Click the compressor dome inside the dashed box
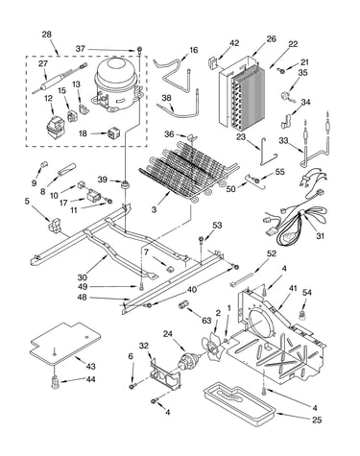tap(117, 84)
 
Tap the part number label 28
tap(47, 35)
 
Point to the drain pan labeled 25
tap(240, 405)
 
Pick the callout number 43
tap(91, 366)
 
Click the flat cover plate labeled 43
tap(65, 343)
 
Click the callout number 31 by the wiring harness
tap(320, 236)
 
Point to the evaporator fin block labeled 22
tap(248, 98)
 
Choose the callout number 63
tap(206, 320)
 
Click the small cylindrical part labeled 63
tap(183, 304)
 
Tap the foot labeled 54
tap(301, 315)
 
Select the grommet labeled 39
tap(124, 185)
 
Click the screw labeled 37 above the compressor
tap(139, 50)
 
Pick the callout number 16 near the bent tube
tap(194, 50)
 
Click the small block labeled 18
tap(113, 133)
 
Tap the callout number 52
tap(272, 253)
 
